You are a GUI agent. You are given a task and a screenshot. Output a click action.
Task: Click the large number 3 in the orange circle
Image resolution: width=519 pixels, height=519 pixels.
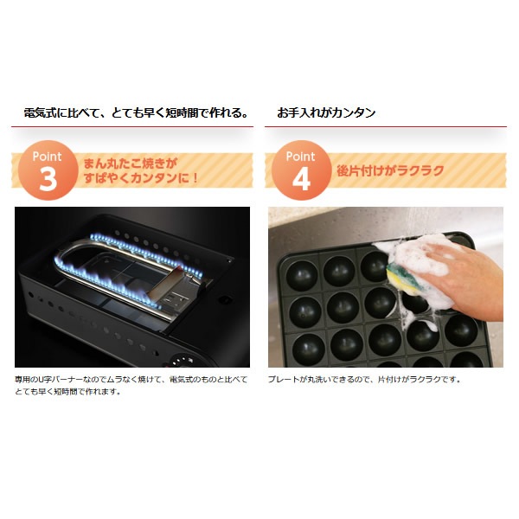coord(48,179)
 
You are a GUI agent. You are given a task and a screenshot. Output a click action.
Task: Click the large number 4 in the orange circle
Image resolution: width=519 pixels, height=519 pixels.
coord(302,179)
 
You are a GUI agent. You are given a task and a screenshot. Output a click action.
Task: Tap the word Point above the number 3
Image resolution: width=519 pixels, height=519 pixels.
coord(47,157)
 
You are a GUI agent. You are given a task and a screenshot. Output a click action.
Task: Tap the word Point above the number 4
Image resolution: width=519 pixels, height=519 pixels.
coord(300,157)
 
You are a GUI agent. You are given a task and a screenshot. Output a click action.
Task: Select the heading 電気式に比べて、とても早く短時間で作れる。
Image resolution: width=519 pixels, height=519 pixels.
coord(137,113)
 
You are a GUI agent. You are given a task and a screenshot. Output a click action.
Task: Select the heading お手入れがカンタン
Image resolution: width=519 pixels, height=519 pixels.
coord(326,112)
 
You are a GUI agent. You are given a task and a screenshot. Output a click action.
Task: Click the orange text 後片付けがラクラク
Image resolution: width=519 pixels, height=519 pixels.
coord(390,170)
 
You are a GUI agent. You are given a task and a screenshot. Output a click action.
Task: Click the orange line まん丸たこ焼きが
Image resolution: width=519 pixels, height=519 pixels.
coord(131,163)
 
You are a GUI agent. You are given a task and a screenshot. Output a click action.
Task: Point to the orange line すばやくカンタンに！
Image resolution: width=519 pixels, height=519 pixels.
coord(141,178)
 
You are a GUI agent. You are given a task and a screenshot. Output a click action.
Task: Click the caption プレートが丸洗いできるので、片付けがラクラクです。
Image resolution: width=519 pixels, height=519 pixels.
coord(364,380)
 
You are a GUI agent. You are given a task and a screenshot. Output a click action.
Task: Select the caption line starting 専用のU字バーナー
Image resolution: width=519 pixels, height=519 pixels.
coord(131,380)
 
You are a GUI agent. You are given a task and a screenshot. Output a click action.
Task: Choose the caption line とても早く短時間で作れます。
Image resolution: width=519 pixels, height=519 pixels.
coord(67,392)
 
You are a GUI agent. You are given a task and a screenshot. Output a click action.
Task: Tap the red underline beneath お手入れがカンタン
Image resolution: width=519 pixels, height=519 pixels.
coord(386,126)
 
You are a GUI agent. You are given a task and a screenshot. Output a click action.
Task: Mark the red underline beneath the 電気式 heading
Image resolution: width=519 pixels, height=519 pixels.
coord(132,126)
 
